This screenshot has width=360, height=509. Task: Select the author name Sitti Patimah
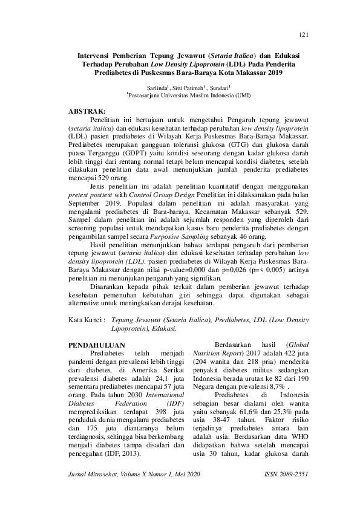[x=172, y=87]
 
